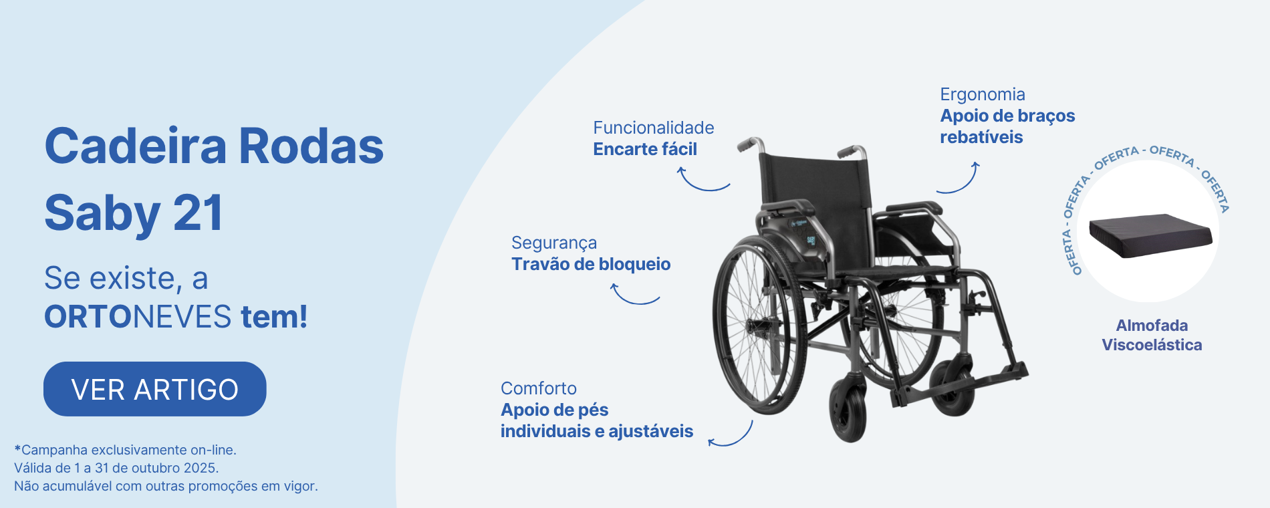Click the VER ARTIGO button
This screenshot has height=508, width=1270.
pyautogui.click(x=155, y=389)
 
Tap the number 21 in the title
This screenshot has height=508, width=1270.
pyautogui.click(x=198, y=213)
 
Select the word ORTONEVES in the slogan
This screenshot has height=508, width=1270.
pyautogui.click(x=138, y=316)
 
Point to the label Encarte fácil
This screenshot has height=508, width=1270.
pyautogui.click(x=645, y=149)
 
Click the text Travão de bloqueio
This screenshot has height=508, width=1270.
pyautogui.click(x=591, y=264)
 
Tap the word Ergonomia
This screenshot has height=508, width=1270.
pyautogui.click(x=983, y=94)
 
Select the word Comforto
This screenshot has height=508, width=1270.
pyautogui.click(x=539, y=388)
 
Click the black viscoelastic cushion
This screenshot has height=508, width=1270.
pyautogui.click(x=1150, y=235)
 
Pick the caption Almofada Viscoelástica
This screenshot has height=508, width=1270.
pyautogui.click(x=1152, y=335)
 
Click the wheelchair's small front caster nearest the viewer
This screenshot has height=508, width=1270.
pyautogui.click(x=848, y=410)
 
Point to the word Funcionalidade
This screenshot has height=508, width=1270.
pyautogui.click(x=654, y=128)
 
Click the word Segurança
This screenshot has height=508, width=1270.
pyautogui.click(x=554, y=243)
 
